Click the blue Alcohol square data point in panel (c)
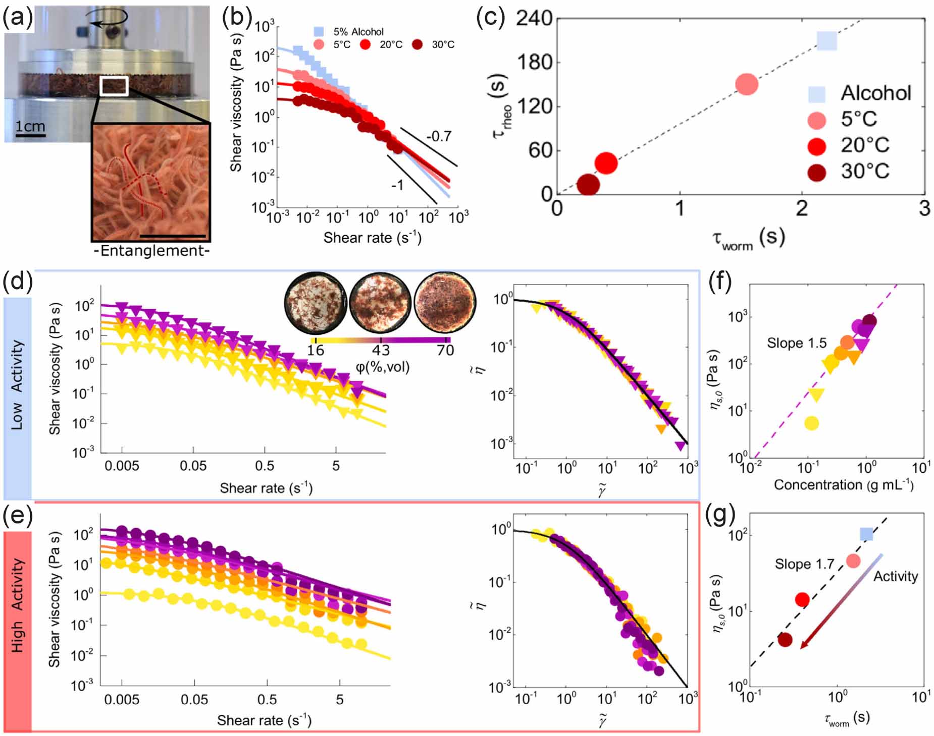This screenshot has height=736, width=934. [x=826, y=41]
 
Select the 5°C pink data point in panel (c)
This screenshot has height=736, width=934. [x=746, y=84]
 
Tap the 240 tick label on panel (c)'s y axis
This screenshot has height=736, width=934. [x=534, y=19]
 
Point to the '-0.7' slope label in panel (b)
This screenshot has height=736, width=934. [x=438, y=136]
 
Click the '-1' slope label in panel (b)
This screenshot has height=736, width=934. [x=397, y=185]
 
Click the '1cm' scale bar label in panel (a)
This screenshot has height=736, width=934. [x=30, y=126]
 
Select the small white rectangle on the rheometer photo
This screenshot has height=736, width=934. [x=114, y=86]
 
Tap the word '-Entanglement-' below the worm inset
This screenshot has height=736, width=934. [x=151, y=251]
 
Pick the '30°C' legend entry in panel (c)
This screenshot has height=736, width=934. [x=864, y=172]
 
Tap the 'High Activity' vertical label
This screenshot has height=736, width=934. [x=17, y=605]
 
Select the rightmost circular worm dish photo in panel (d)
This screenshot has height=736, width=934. [x=445, y=303]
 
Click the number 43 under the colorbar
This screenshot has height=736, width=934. [x=381, y=350]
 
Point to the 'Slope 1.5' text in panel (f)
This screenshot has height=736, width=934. [x=797, y=344]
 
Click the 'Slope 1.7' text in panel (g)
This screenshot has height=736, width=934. [x=804, y=563]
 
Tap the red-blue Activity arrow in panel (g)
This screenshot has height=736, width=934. [x=841, y=601]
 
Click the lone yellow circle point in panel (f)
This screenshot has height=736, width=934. [x=811, y=423]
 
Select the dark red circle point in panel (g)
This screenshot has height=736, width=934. [x=785, y=640]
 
